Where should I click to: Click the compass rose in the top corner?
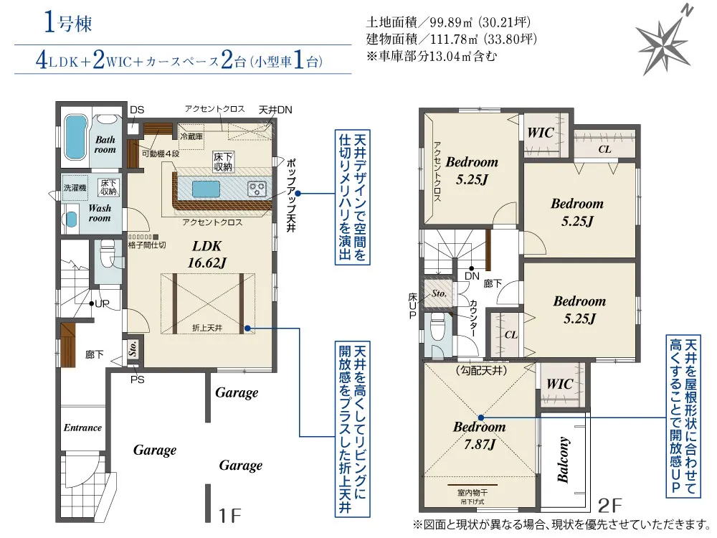(x=665, y=40)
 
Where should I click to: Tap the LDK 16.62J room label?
(x=206, y=255)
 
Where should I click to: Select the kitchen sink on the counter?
(x=206, y=188)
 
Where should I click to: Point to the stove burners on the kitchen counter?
(x=257, y=189)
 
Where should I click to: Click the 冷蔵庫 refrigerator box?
(x=191, y=133)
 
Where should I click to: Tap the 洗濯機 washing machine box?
(x=75, y=187)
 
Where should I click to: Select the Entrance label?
(x=82, y=428)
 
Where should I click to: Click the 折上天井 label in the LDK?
(x=207, y=328)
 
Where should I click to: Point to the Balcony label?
(x=564, y=460)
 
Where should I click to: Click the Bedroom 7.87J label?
(x=480, y=435)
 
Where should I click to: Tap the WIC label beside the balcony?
(x=560, y=383)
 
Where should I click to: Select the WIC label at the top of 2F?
(x=541, y=133)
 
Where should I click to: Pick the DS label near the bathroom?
(x=137, y=110)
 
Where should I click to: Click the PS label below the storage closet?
(x=137, y=379)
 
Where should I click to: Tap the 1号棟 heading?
(x=68, y=22)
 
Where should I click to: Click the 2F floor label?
(x=610, y=505)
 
